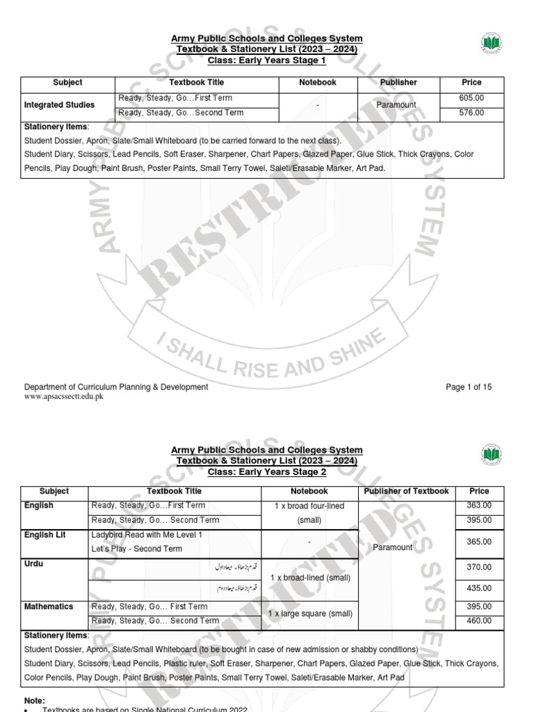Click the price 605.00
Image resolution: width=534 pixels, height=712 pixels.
pos(471,99)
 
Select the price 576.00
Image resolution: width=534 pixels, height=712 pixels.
pos(471,113)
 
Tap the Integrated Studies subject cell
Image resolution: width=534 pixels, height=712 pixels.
pos(59,106)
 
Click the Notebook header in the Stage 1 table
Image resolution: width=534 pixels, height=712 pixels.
pos(317,82)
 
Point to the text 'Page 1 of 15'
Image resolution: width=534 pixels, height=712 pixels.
pos(469,387)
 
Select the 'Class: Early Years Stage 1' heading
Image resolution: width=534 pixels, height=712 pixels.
pos(267,60)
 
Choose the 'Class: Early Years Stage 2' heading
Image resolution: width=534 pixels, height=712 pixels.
pos(267,472)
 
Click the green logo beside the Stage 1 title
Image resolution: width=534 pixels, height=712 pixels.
pos(491,44)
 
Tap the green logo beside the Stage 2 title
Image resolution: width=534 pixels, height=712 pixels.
pos(491,455)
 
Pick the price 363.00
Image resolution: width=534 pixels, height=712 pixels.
pos(479,505)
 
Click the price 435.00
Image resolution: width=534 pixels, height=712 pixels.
pos(479,588)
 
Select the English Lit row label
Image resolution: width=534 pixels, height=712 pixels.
pos(44,535)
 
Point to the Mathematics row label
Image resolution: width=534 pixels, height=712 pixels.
pos(49,607)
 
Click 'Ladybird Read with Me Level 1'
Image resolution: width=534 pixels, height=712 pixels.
pos(147,535)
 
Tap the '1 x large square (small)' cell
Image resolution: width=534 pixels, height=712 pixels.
pos(309,614)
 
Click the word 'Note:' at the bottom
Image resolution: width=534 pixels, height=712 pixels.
pos(34,701)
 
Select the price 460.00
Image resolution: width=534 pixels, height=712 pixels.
pos(479,621)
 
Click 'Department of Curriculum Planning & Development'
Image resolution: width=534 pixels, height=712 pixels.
pos(116,387)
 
